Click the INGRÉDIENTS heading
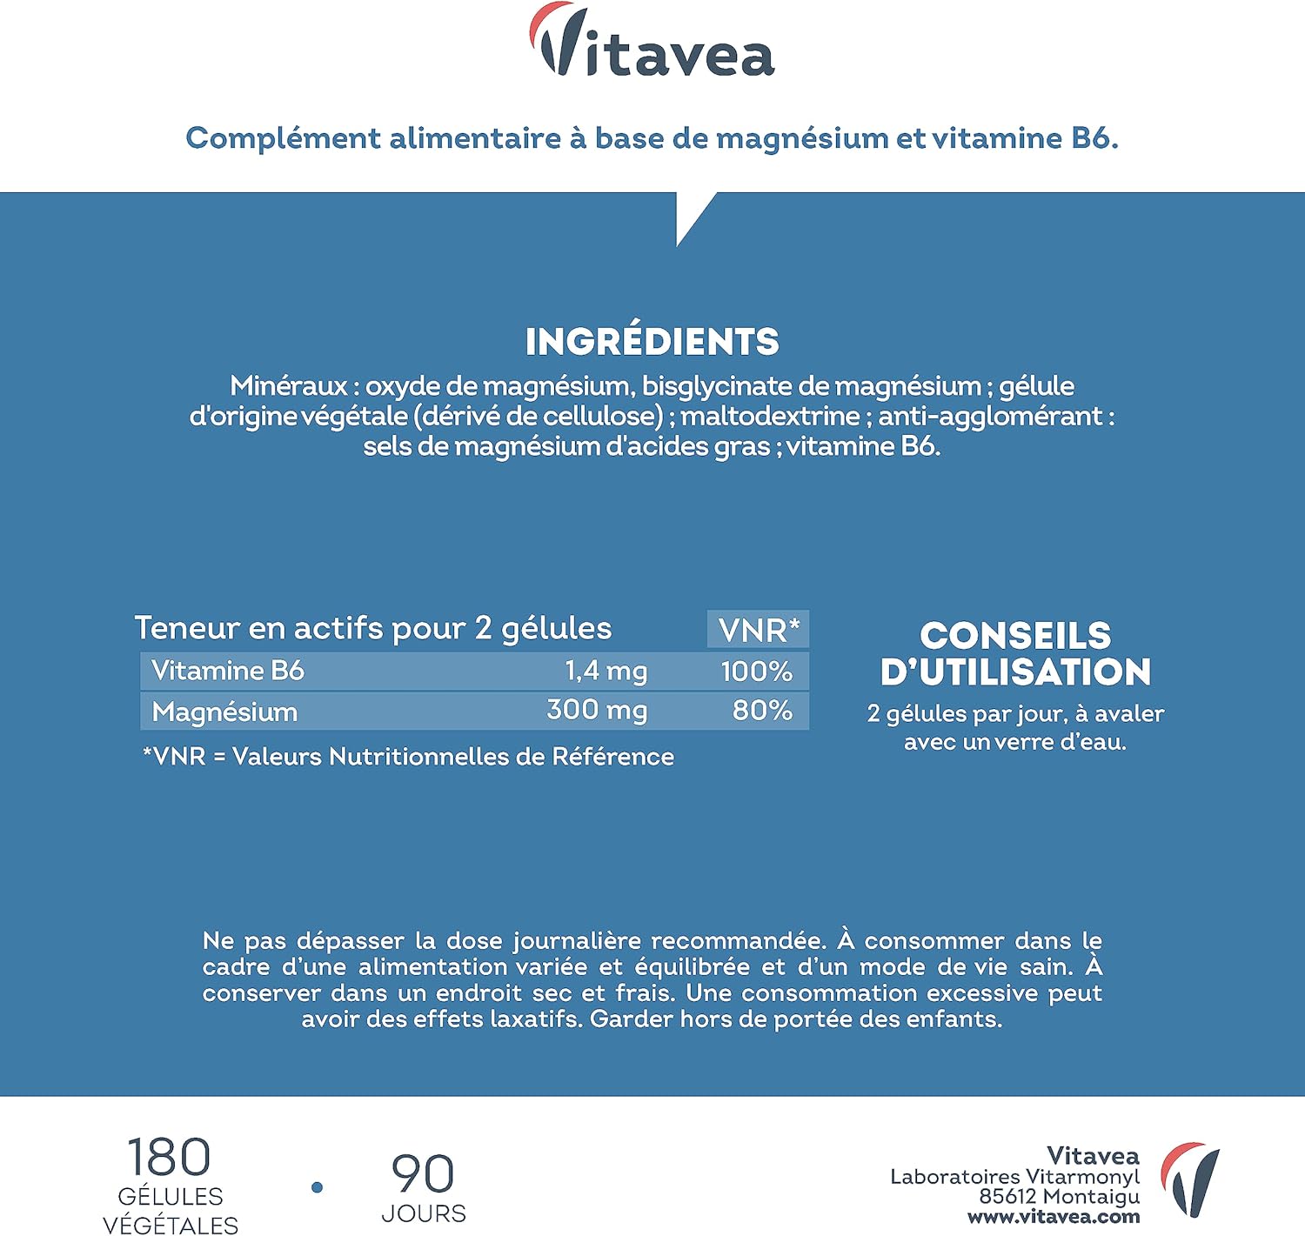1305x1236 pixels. click(x=652, y=341)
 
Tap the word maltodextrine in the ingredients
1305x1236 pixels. click(x=770, y=416)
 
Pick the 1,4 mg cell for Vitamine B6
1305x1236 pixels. click(x=606, y=671)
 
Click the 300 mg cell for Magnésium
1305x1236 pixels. click(x=597, y=711)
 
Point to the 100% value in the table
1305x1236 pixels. click(x=756, y=671)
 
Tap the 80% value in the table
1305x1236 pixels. click(x=762, y=711)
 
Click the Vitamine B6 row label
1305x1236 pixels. click(x=228, y=671)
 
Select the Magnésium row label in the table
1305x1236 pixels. click(x=224, y=712)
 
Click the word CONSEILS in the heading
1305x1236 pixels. click(x=1015, y=635)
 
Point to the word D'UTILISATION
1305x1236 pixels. click(x=1015, y=672)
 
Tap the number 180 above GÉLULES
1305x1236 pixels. click(x=169, y=1157)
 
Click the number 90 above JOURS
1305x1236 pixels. click(x=423, y=1174)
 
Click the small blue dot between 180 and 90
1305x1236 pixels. click(x=318, y=1187)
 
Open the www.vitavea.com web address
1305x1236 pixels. click(x=1054, y=1218)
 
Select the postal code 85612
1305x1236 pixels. click(x=1007, y=1197)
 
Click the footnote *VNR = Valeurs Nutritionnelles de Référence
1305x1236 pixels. click(x=408, y=757)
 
